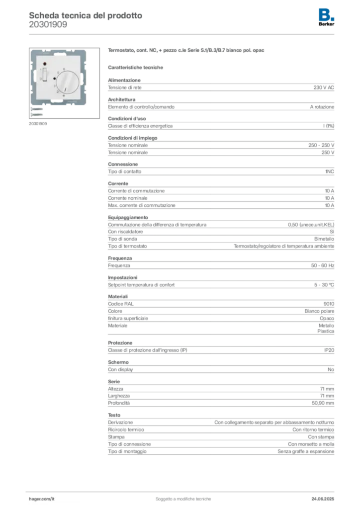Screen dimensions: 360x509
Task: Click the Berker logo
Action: [326, 17]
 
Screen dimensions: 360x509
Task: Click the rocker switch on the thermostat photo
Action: [45, 75]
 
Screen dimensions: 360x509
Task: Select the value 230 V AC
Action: [324, 87]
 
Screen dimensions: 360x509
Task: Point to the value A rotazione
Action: [322, 107]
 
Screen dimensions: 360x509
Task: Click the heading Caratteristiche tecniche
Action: [135, 68]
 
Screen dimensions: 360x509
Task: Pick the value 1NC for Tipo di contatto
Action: [330, 171]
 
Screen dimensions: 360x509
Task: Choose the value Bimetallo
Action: [324, 239]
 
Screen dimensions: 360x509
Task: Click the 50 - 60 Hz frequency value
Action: [323, 265]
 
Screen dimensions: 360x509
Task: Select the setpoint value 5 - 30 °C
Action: [324, 285]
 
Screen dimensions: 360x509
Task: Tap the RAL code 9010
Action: [329, 304]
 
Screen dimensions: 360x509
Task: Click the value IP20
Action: [329, 350]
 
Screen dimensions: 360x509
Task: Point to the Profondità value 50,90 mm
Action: [323, 403]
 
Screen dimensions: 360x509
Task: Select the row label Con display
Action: [120, 369]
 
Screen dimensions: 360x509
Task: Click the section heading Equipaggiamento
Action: [128, 218]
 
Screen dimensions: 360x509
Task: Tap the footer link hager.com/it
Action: [42, 499]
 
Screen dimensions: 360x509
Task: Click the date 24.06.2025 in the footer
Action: [323, 499]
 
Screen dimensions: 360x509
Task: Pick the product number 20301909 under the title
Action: [48, 25]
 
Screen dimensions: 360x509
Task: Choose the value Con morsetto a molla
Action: [311, 444]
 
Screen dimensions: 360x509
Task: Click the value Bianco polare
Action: [319, 311]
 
